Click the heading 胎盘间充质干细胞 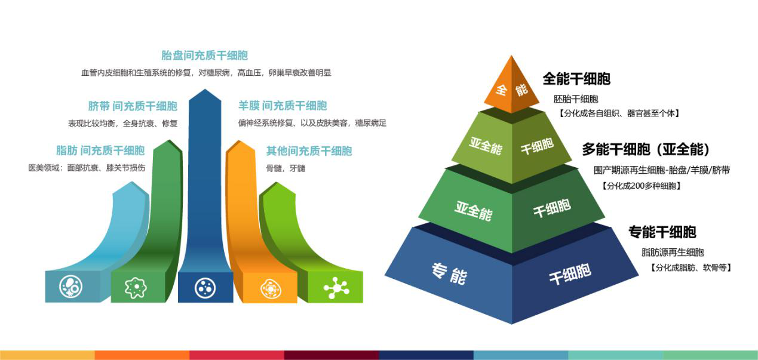tap(204, 56)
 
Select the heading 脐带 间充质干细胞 tap(133, 106)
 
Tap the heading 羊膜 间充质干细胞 tap(283, 106)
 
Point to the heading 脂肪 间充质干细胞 tap(100, 150)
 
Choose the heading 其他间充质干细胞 tap(309, 151)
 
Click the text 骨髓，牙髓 tap(286, 168)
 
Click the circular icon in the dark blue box tap(205, 288)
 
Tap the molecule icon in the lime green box tap(336, 288)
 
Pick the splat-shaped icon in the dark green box tap(136, 288)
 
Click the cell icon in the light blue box tap(70, 287)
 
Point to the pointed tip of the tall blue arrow tap(205, 90)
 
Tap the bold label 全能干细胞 tap(576, 79)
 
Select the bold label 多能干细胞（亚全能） tap(646, 149)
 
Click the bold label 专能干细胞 tap(662, 232)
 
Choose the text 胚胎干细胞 tap(576, 99)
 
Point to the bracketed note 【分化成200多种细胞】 tap(642, 186)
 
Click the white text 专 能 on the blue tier tap(449, 273)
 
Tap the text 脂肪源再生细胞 tap(673, 253)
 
